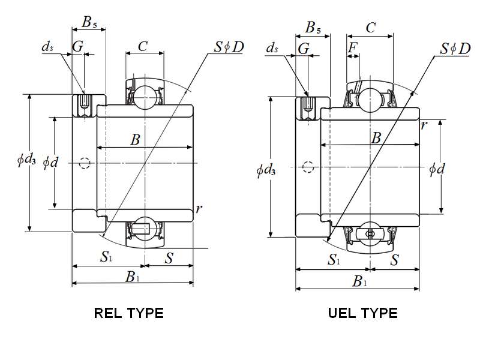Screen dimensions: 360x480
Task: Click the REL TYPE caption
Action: (x=129, y=313)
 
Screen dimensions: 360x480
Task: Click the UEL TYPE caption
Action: (x=362, y=313)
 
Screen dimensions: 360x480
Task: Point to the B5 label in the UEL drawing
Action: (x=313, y=28)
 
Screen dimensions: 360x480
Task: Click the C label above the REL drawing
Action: (x=143, y=46)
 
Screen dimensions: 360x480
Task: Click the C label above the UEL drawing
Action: (x=371, y=28)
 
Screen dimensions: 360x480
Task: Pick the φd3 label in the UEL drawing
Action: (x=266, y=170)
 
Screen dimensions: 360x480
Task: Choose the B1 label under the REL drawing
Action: (x=132, y=277)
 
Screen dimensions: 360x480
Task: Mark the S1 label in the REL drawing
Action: (x=106, y=258)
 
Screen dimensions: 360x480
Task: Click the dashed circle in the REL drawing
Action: (x=85, y=163)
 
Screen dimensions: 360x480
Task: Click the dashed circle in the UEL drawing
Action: (x=308, y=167)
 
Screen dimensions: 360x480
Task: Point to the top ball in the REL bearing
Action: (x=144, y=97)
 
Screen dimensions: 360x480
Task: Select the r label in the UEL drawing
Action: (x=424, y=125)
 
